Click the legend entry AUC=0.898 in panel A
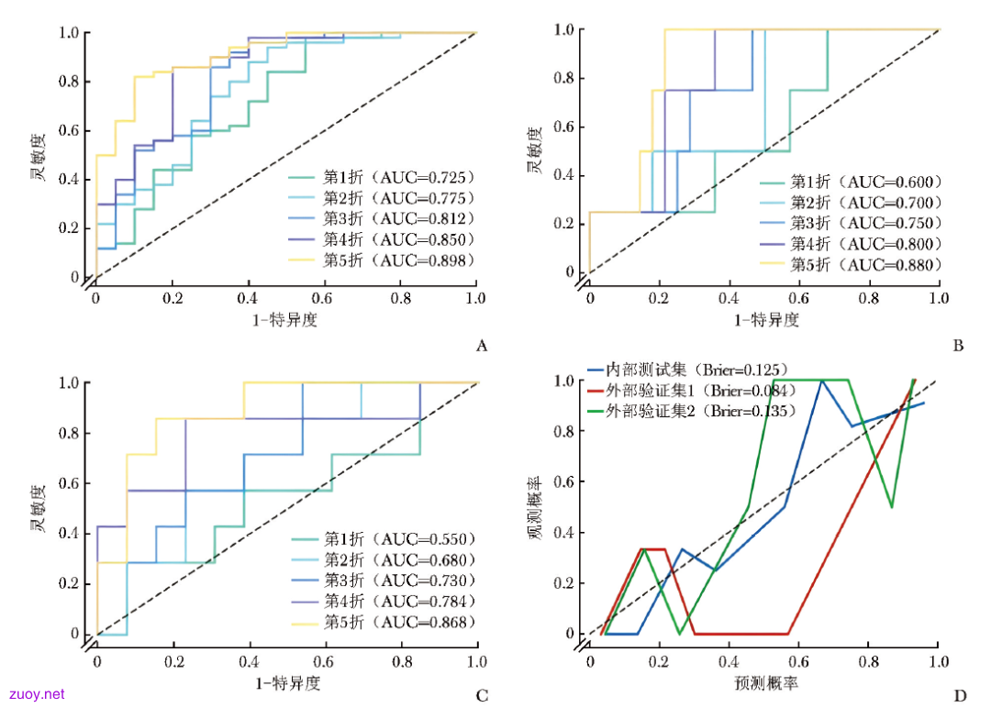381,260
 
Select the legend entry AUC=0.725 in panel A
381,178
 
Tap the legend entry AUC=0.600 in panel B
851,182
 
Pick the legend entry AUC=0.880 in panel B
851,264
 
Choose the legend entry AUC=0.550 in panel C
383,538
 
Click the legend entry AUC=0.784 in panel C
383,601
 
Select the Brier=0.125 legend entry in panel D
688,370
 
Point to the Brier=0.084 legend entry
692,391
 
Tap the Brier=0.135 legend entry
692,411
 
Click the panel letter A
482,346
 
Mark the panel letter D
960,695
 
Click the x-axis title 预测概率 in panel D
766,682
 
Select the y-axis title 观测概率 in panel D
535,508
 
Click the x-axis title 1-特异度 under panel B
766,319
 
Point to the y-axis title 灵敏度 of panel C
39,508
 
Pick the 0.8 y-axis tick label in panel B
564,78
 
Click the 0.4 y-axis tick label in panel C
69,533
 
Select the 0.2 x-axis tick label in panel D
659,661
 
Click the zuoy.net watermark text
38,694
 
